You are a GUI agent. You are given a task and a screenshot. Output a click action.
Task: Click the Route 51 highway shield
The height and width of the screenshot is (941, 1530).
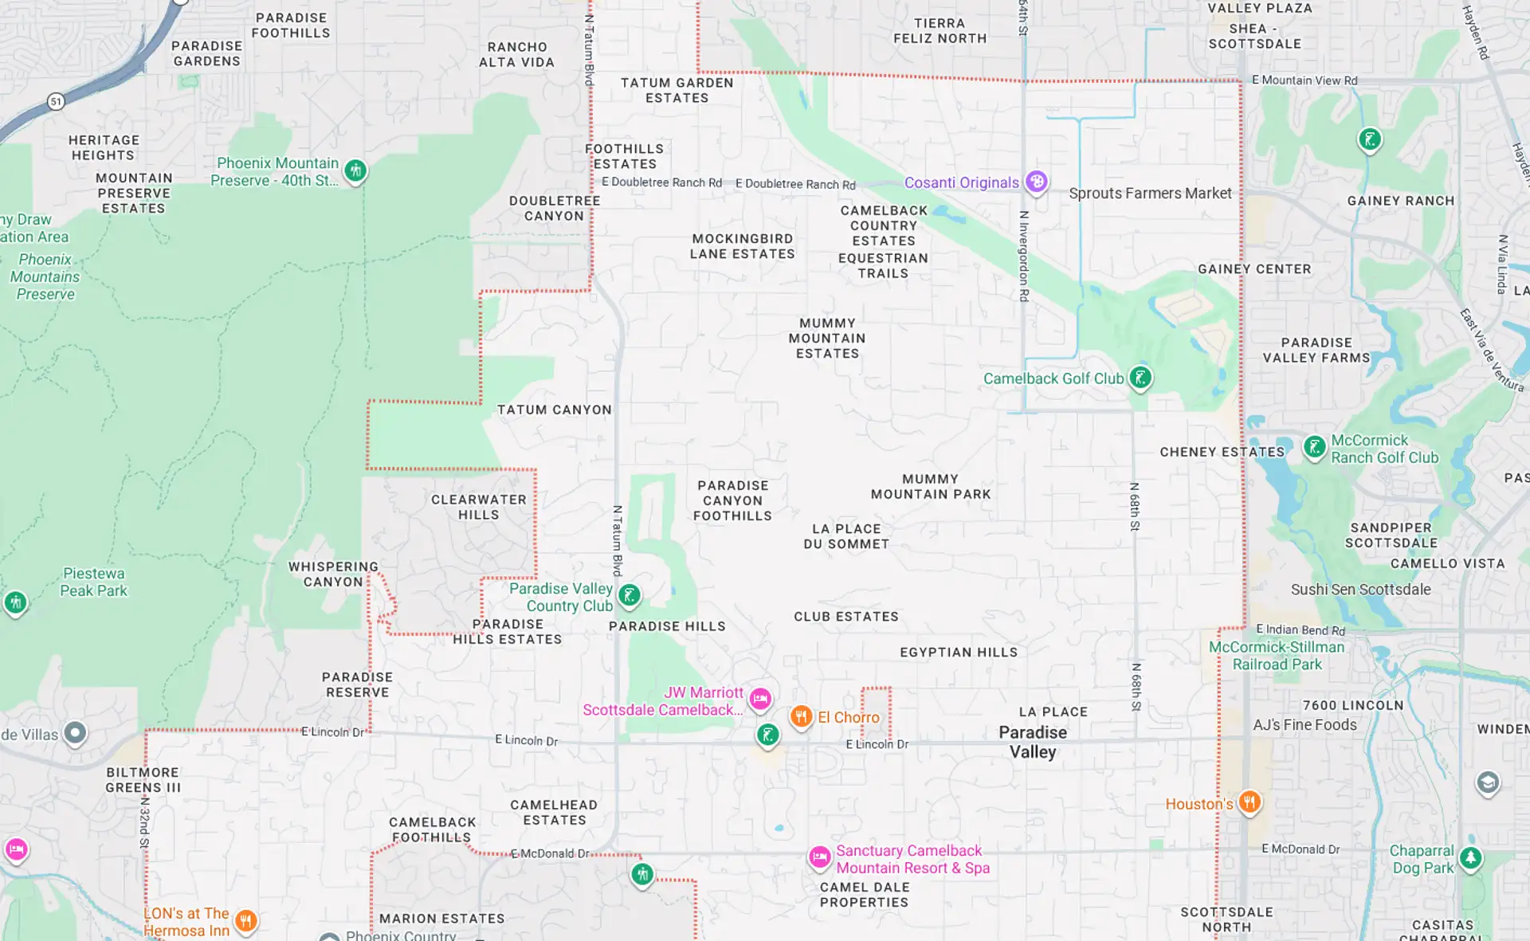pos(55,101)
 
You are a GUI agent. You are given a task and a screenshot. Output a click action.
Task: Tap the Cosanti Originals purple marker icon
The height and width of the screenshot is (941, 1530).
pos(1036,182)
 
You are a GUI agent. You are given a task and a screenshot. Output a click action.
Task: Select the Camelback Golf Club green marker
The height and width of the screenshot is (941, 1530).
pos(1140,378)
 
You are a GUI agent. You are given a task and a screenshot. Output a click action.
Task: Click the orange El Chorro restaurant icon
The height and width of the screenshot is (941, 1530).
pos(801,716)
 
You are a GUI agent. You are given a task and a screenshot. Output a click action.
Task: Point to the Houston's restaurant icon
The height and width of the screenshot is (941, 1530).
pos(1249,802)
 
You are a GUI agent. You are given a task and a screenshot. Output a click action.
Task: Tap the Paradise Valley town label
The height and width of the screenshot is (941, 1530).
pos(1033,742)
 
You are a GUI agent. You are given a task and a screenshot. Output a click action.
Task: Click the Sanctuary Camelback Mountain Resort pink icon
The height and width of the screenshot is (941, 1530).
pos(819,857)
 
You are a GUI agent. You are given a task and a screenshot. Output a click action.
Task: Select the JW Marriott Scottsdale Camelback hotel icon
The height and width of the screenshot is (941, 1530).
pos(760,699)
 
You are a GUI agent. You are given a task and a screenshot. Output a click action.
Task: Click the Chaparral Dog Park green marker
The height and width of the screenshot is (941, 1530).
pos(1470,858)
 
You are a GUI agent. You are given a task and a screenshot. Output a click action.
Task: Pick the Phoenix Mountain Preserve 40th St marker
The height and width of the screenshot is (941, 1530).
pos(355,170)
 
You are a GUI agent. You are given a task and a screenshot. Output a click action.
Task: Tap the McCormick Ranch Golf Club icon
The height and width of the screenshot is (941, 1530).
pos(1314,447)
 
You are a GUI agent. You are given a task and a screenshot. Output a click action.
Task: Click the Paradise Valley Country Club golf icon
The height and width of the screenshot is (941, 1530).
pos(630,594)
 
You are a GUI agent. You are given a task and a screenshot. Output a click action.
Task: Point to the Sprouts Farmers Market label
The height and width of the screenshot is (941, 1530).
pos(1150,194)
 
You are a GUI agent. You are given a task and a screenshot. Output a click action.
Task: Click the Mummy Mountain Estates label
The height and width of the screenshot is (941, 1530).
pos(827,339)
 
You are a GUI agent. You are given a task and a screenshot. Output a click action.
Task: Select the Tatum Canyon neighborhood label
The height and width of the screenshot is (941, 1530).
pos(555,410)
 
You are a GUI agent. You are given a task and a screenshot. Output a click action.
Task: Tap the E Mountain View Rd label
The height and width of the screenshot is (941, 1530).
pos(1304,80)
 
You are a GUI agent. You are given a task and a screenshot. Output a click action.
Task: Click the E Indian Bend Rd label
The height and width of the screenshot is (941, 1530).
pos(1300,630)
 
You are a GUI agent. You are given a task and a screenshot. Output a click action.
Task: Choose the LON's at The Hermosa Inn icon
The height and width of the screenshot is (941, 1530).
pos(246,921)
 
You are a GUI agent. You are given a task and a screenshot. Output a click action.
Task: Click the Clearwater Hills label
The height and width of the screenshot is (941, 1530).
pos(478,508)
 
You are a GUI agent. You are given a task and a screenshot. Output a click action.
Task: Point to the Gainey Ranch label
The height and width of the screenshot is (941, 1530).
pos(1401,201)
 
